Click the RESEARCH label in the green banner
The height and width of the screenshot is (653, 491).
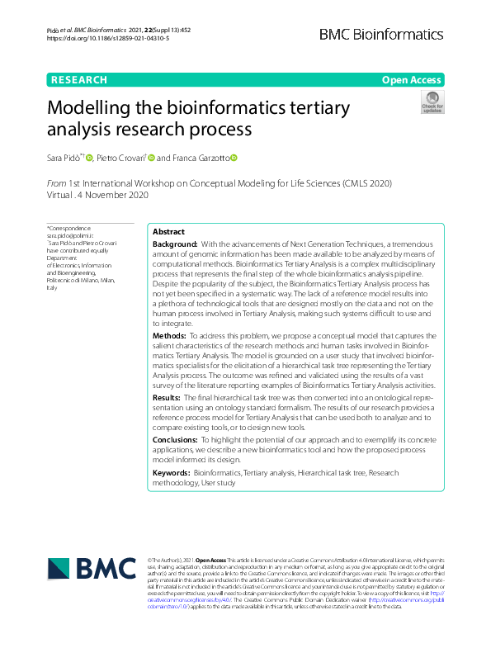coord(79,80)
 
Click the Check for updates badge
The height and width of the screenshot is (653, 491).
coord(432,102)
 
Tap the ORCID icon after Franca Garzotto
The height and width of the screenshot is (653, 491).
coord(234,157)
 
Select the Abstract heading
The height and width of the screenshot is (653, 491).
coord(168,232)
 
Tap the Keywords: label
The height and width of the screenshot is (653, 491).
coord(172,472)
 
